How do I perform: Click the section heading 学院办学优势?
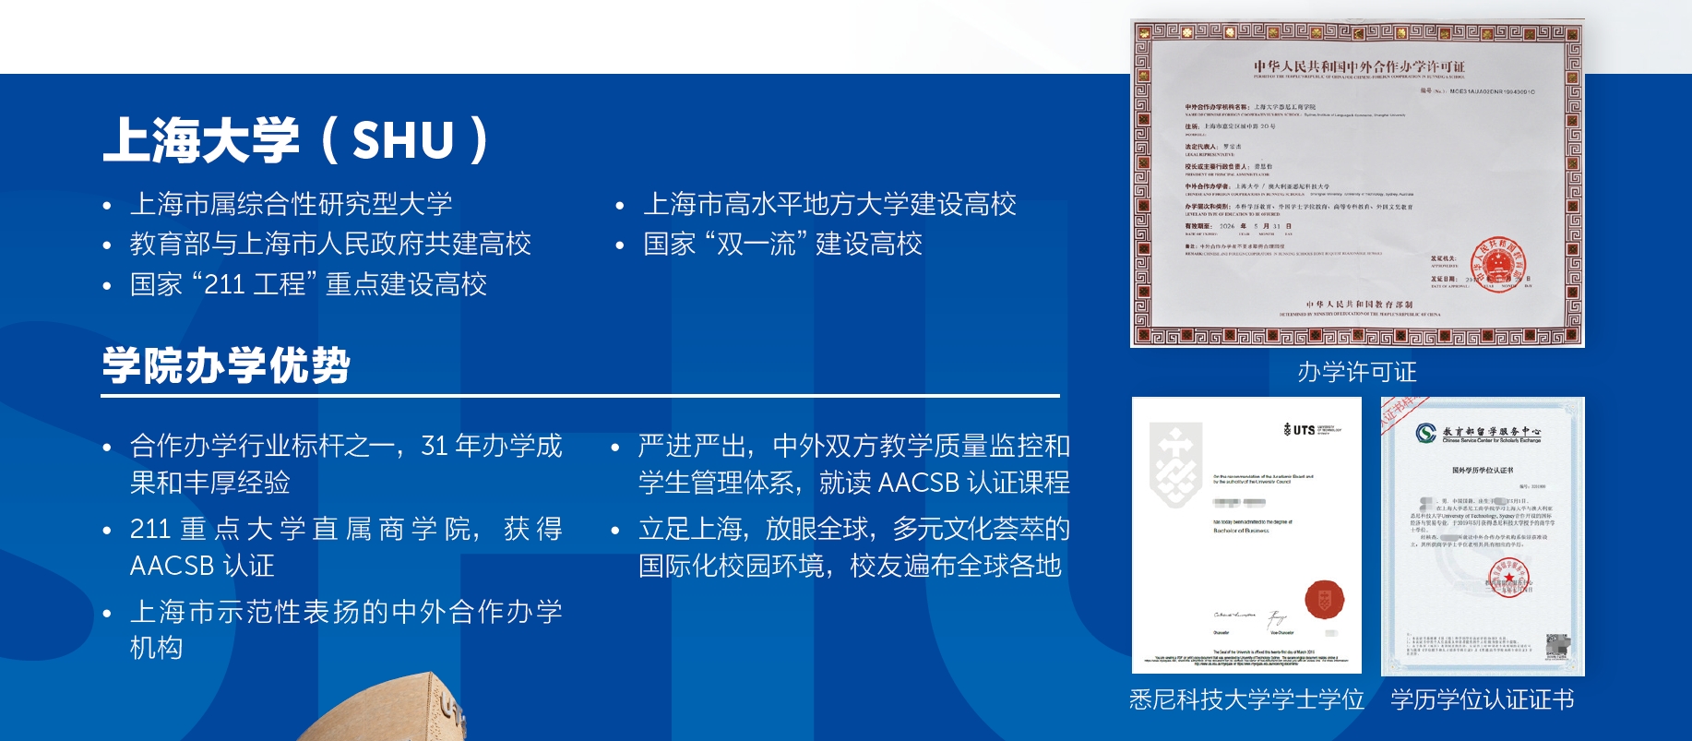click(226, 365)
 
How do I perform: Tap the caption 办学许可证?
click(1356, 372)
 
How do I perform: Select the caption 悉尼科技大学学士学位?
click(1246, 699)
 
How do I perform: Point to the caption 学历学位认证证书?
click(1483, 699)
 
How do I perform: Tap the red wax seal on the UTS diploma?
click(1324, 599)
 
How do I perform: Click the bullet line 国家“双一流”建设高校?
click(782, 245)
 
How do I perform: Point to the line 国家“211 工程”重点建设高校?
click(308, 284)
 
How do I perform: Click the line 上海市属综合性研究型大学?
click(291, 204)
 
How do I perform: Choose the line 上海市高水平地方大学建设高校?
click(829, 204)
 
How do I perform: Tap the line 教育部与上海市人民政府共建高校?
click(330, 245)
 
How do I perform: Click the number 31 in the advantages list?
click(435, 447)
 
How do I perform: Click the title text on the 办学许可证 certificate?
click(1358, 66)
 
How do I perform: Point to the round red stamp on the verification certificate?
click(1508, 579)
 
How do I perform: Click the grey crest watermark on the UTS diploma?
click(1174, 464)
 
